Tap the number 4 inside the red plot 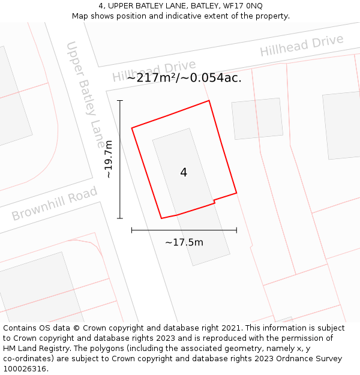click(184, 172)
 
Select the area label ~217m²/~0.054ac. click(184, 77)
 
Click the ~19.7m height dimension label click(109, 159)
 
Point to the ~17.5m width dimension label click(184, 242)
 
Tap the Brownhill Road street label click(55, 204)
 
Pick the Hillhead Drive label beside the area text click(154, 71)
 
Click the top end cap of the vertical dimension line click(120, 101)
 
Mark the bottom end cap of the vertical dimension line click(120, 218)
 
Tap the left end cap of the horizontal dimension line click(132, 230)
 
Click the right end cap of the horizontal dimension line click(236, 230)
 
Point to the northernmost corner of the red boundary click(209, 100)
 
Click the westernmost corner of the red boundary click(132, 128)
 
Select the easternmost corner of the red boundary click(236, 193)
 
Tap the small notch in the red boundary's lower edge click(214, 202)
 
